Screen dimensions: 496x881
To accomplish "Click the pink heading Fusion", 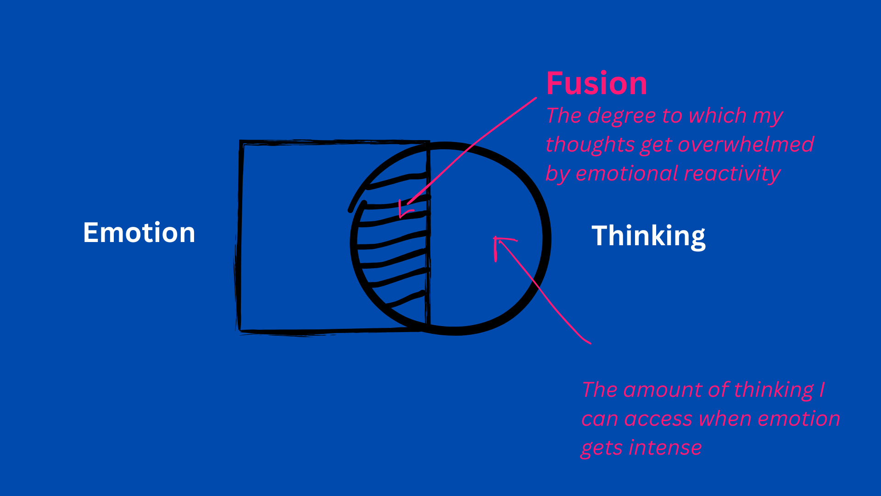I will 597,84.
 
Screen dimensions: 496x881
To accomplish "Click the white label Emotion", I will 139,233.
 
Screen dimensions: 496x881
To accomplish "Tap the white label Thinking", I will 648,236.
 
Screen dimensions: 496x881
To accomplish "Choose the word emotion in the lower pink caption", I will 798,419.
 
